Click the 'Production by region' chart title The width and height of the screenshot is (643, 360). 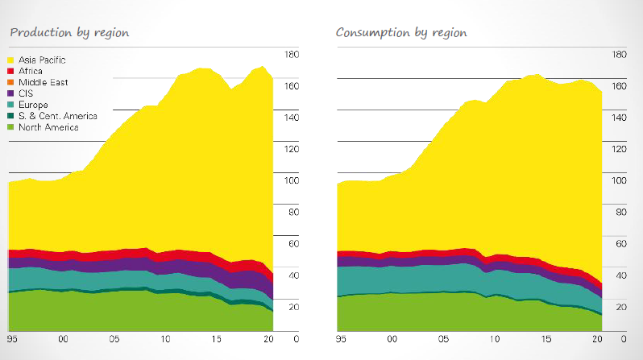[x=69, y=32]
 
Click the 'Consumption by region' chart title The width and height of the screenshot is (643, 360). [x=400, y=32]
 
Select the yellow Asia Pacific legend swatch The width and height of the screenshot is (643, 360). [x=11, y=60]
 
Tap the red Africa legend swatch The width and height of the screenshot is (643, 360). [x=11, y=72]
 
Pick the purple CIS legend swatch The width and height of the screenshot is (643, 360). [x=11, y=93]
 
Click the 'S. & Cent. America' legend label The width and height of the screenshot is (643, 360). [x=57, y=116]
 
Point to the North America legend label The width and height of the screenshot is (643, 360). [x=48, y=127]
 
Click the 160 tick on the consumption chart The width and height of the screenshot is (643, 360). [x=619, y=86]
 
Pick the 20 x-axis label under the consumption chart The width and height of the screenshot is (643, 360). [x=597, y=339]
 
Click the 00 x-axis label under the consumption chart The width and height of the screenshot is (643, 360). [x=392, y=339]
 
